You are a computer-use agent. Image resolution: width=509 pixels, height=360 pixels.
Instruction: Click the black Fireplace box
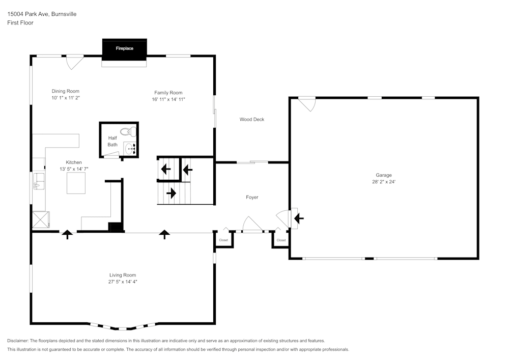point(124,49)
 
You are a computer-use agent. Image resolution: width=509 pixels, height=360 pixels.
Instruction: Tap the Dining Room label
point(65,91)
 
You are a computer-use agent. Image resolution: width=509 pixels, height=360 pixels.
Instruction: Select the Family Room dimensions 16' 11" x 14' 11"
point(168,99)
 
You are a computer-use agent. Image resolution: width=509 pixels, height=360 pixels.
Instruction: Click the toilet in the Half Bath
point(131,131)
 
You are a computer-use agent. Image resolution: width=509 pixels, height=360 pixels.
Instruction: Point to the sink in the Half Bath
point(131,149)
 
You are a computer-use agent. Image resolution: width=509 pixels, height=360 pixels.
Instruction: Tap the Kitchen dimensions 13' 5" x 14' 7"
point(74,169)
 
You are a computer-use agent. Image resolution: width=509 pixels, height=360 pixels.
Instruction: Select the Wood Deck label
point(252,120)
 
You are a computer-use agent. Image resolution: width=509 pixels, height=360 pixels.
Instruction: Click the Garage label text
point(384,175)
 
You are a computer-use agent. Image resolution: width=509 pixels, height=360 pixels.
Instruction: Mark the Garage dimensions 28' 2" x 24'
point(384,182)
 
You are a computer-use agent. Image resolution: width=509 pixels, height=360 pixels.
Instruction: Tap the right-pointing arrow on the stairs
point(171,193)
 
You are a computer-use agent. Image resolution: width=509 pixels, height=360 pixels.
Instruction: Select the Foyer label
point(252,197)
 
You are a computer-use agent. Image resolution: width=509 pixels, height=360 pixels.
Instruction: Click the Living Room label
point(123,275)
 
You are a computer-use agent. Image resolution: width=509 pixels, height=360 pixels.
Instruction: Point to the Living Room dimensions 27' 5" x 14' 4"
point(123,282)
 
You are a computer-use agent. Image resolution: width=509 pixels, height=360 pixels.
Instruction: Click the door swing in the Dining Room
point(74,62)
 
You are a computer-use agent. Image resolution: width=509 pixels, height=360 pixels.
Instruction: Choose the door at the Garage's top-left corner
point(307,104)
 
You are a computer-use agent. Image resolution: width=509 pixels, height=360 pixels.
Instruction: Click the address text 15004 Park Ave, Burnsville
point(42,14)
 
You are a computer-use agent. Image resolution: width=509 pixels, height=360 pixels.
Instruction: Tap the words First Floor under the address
point(20,23)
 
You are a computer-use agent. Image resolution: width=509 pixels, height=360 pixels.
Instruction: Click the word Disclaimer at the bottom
point(18,341)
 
